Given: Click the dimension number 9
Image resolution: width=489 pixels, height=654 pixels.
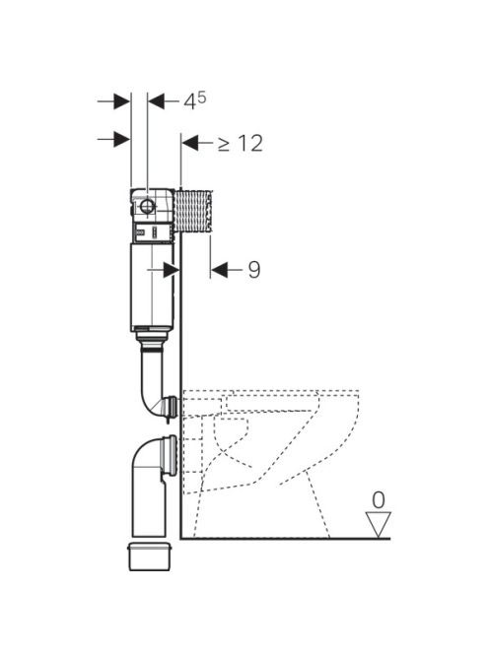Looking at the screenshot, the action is coord(254,270).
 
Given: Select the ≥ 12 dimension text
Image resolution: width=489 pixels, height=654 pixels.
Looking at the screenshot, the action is coord(241,143).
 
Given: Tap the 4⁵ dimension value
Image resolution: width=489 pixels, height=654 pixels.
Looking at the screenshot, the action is coord(194,100).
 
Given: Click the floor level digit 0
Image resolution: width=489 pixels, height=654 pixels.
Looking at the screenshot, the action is coord(379,500).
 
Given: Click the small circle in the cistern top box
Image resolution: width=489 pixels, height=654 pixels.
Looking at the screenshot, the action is coord(147,206).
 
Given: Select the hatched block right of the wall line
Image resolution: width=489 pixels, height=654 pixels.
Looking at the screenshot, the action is coord(193,211).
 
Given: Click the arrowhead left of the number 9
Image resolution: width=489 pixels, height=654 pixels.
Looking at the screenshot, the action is coord(219,270).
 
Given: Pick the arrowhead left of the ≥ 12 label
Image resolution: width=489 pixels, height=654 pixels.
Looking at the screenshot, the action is coord(190,143).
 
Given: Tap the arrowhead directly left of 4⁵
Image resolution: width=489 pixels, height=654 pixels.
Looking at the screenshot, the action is coord(157,100).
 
